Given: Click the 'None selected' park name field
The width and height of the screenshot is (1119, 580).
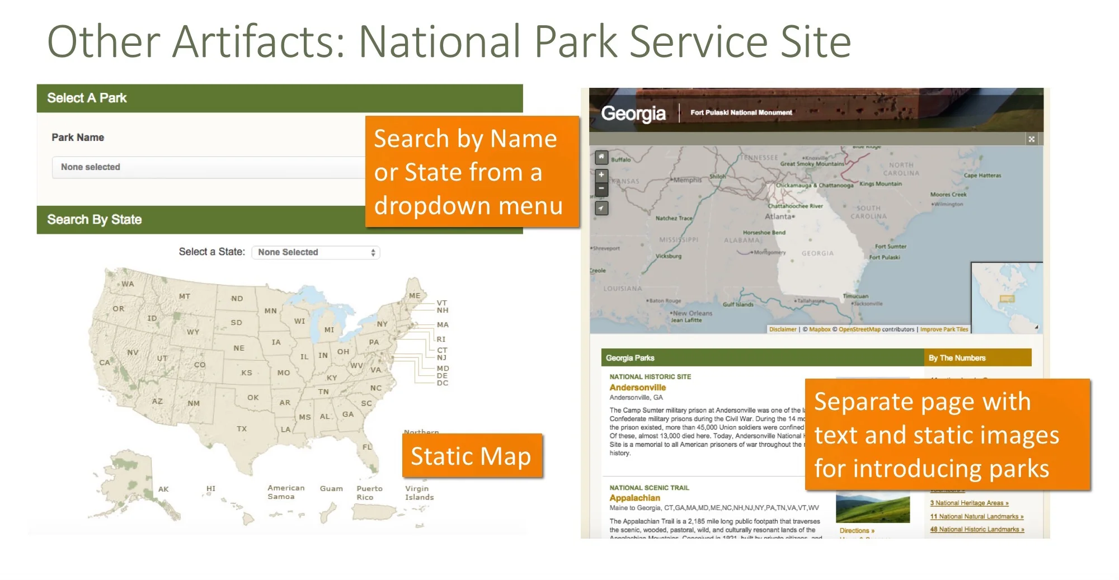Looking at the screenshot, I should point(207,167).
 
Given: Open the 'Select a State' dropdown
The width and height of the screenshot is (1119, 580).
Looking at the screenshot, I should point(316,252).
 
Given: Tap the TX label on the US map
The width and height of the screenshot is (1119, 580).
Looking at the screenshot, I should point(242,429).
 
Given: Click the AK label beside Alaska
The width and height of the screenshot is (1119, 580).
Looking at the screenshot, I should point(163,489).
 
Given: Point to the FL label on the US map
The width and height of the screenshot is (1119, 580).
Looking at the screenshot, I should point(367,447).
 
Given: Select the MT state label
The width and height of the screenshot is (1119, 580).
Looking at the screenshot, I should point(185,296).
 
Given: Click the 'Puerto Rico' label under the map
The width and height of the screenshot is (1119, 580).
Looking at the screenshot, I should point(369,493).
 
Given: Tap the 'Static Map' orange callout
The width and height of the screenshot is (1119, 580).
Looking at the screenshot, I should point(471,456).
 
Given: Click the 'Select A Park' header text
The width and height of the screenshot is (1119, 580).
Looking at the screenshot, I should point(87,98).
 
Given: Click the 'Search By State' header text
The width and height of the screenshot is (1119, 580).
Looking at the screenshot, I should point(94,220).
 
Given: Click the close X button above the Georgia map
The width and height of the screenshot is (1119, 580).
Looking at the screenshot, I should point(1031,139).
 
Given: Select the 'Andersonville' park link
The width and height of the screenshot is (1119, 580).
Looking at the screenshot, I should point(637,388).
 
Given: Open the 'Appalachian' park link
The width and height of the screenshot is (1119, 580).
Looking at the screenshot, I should point(634,498).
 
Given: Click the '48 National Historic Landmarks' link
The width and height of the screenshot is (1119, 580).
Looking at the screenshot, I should point(976,529).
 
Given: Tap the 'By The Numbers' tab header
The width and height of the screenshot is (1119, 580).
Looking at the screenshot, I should point(957,358).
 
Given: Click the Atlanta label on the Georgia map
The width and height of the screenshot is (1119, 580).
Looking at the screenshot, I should point(778,216).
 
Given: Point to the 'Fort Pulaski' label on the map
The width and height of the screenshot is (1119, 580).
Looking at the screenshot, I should point(885,257).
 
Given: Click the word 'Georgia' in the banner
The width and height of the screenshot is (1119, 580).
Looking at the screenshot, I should point(633,114).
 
